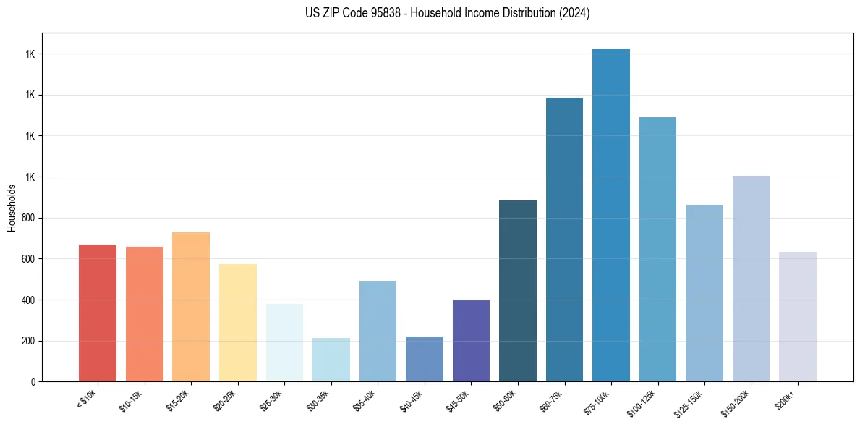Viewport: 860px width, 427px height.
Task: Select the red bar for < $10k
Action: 98,313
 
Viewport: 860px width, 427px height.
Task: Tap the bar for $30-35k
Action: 331,360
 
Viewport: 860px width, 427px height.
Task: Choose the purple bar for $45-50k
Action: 471,341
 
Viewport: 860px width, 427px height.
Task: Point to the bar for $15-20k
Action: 191,307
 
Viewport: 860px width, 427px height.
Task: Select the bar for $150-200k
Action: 751,279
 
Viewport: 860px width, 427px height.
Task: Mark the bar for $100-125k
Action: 657,249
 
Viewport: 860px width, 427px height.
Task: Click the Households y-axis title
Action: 12,207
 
